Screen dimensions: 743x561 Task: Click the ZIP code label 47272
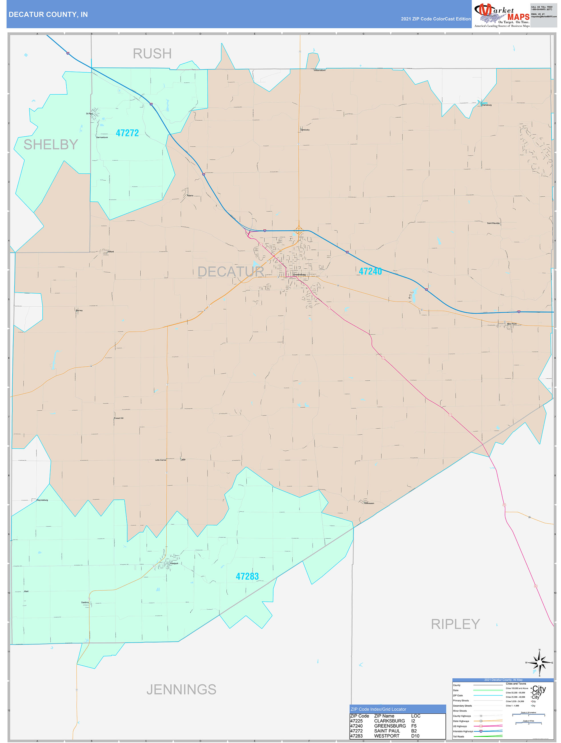click(x=127, y=133)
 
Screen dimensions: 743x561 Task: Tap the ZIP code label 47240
click(x=370, y=271)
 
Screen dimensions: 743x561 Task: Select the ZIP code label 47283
click(x=247, y=576)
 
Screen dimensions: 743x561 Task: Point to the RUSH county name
click(x=152, y=54)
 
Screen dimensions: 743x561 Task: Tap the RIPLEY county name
click(x=455, y=624)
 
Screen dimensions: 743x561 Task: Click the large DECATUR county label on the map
click(x=231, y=272)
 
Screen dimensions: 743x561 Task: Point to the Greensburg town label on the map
click(x=299, y=274)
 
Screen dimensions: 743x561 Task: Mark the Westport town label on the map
click(x=174, y=563)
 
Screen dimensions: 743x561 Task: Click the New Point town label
click(x=512, y=324)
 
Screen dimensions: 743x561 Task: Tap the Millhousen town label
click(x=369, y=503)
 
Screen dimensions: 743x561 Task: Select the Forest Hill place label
click(x=119, y=418)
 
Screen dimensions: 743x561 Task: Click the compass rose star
click(x=539, y=663)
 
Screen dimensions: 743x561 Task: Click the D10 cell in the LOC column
click(x=415, y=736)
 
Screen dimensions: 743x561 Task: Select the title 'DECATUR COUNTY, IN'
click(x=48, y=15)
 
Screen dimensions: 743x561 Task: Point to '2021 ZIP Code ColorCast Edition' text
click(x=436, y=19)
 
